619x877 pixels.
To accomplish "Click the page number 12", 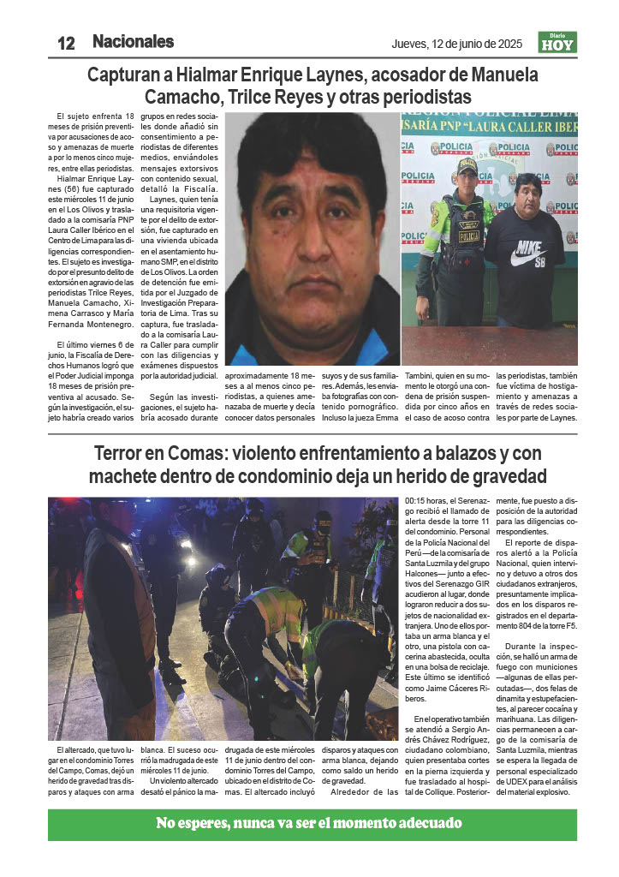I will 66,43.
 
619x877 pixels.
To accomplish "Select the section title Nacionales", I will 133,41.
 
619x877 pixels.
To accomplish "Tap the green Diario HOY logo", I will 557,42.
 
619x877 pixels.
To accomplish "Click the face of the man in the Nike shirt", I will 530,194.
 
